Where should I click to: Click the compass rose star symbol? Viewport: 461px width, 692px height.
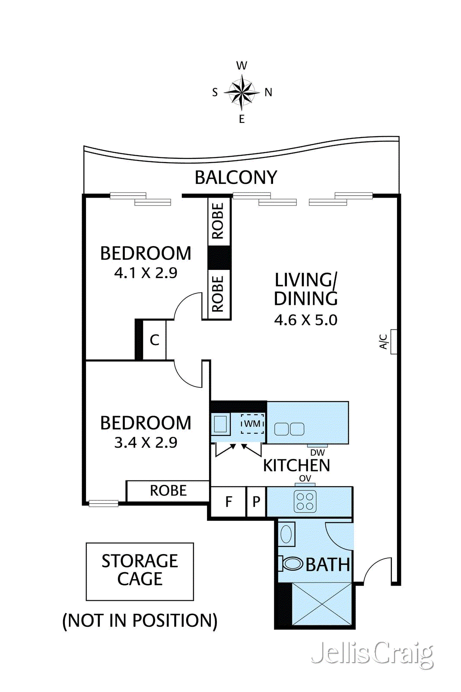pos(242,92)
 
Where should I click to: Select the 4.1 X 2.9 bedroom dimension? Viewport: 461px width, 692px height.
pos(146,273)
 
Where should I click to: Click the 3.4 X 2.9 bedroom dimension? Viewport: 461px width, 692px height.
pos(146,443)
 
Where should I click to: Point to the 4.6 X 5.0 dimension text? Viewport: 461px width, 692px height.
pos(306,320)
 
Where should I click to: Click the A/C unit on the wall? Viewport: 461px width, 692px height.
pos(394,342)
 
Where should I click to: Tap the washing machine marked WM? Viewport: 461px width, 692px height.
pos(252,423)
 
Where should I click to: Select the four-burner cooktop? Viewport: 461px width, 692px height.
pos(305,501)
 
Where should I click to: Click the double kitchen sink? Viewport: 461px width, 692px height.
pos(289,429)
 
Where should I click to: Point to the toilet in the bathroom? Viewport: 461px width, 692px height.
pos(291,564)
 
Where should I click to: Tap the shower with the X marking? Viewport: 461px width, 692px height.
pos(322,604)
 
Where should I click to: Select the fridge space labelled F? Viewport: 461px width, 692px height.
pos(228,502)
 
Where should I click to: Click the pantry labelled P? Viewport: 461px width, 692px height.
pos(256,502)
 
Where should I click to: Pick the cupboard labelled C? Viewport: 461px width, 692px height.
pos(154,340)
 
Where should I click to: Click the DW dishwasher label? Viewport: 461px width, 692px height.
pos(318,452)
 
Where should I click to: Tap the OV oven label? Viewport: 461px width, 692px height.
pos(305,478)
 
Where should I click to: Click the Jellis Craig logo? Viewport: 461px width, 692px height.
pos(372,655)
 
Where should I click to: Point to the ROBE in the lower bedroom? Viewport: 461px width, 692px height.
pos(168,491)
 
